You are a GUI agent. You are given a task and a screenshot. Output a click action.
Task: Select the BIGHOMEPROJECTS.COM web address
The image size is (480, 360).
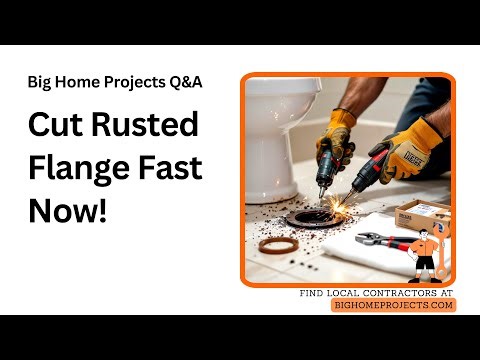(x=393, y=305)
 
